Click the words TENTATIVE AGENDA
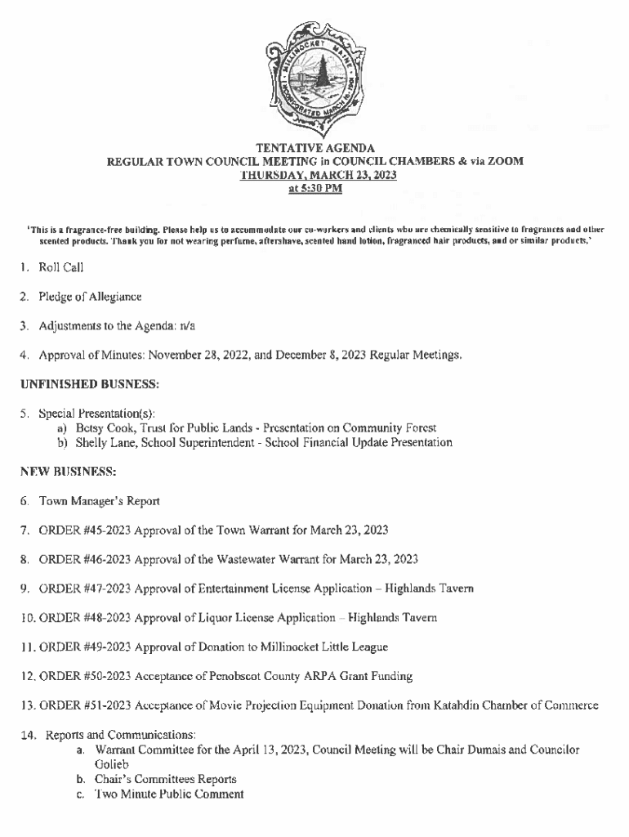click(315, 149)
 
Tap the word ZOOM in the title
click(506, 162)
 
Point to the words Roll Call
click(61, 267)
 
